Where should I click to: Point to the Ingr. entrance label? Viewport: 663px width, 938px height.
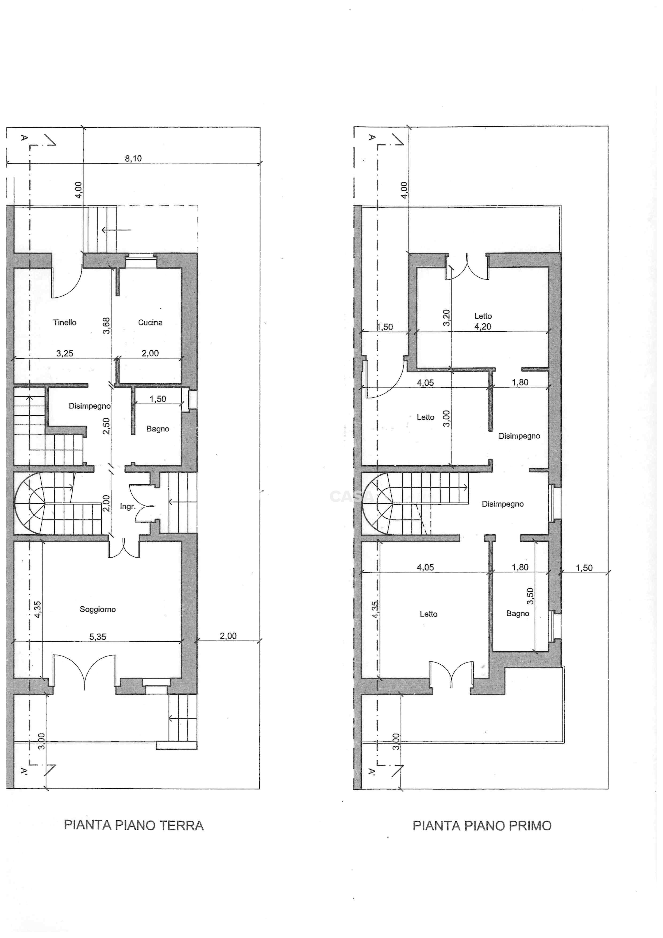(x=127, y=507)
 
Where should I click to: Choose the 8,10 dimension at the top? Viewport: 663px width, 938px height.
(x=133, y=159)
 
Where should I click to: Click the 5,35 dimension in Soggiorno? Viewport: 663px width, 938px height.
(x=98, y=637)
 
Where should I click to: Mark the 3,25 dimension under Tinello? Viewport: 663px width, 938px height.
(x=64, y=353)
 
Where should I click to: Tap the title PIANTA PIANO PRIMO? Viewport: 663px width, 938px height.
(x=482, y=826)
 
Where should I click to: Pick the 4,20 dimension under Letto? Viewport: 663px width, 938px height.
(x=483, y=326)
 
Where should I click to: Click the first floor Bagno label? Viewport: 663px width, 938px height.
(x=518, y=613)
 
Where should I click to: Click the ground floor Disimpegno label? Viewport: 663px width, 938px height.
(x=89, y=406)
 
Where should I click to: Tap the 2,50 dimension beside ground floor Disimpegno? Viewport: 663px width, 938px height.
(x=106, y=426)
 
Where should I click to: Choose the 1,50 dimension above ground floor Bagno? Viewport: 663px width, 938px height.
(x=157, y=399)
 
